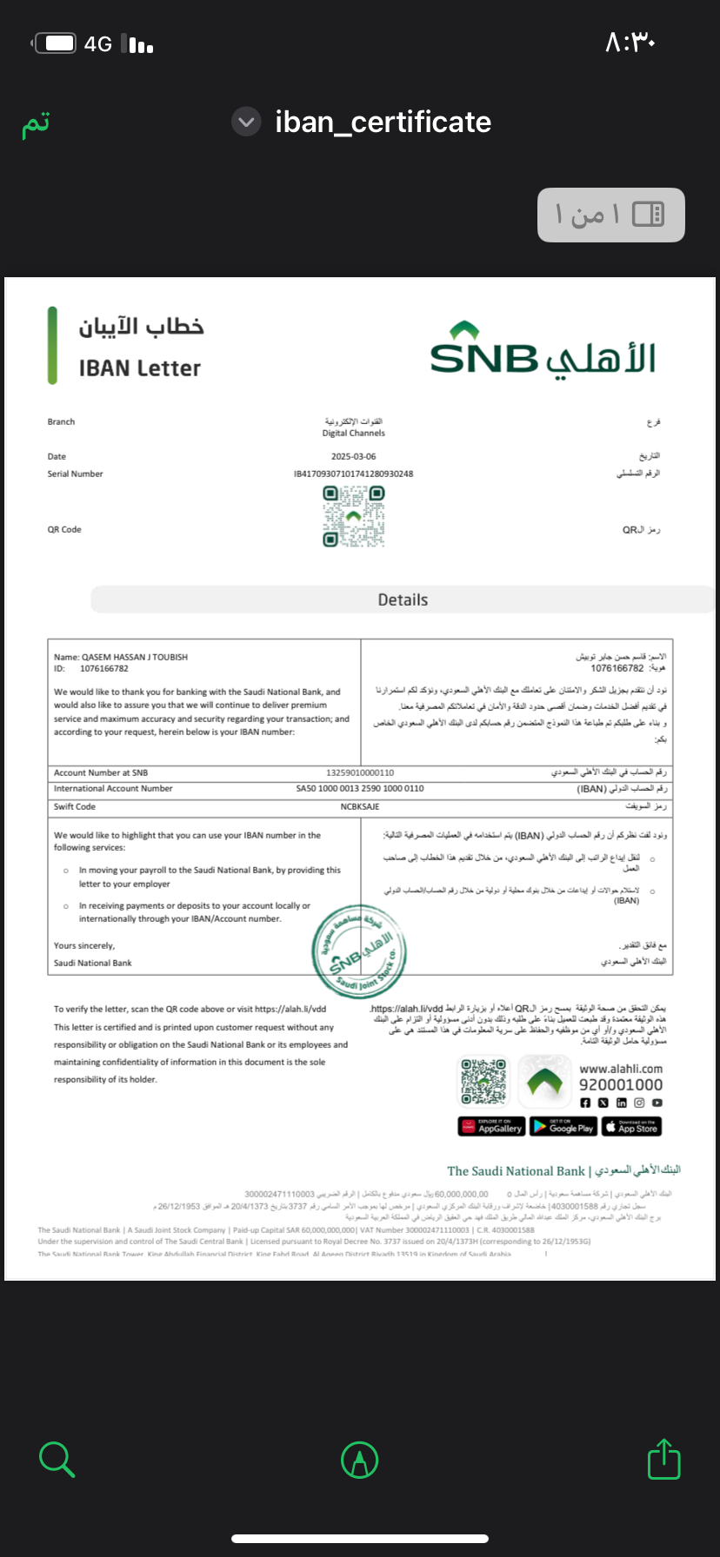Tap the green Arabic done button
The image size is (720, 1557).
tap(36, 124)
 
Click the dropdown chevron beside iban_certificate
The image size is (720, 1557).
tap(246, 123)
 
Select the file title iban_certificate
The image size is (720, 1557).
tap(383, 123)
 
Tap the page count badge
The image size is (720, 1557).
tap(610, 215)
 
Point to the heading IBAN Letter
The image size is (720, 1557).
tap(140, 368)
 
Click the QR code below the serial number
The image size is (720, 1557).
tap(353, 517)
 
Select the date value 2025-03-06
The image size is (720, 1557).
tap(353, 456)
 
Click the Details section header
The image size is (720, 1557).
tap(403, 600)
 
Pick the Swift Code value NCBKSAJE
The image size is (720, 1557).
tap(360, 806)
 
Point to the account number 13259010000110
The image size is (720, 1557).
tap(360, 772)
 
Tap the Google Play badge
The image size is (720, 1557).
tap(563, 1127)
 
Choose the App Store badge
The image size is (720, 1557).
tap(631, 1127)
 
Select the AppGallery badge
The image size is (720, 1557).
tap(491, 1127)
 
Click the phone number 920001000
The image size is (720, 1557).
tap(621, 1084)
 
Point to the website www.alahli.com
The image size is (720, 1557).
tap(621, 1069)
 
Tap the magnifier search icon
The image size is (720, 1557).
tap(57, 1460)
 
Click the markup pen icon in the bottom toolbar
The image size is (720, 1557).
tap(359, 1460)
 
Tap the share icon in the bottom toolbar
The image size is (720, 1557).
tap(663, 1460)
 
